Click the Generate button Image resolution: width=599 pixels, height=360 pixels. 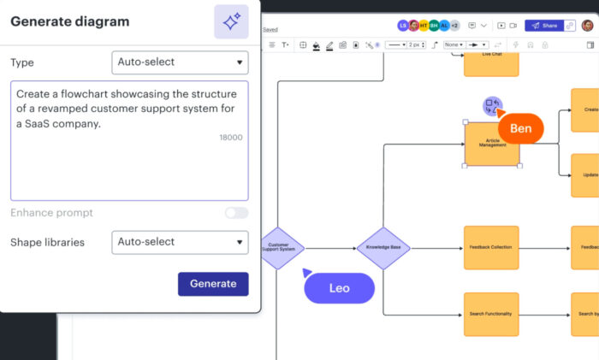213,284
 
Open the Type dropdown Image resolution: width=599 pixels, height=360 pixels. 180,62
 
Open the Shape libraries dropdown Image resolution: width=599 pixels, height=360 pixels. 180,242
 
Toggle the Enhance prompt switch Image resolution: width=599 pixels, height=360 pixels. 236,213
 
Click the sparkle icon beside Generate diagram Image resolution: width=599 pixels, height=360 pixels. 231,22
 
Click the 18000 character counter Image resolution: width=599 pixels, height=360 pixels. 230,138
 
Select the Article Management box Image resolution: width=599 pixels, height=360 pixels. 492,144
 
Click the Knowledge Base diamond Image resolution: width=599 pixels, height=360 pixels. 383,248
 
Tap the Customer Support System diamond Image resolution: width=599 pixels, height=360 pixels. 281,248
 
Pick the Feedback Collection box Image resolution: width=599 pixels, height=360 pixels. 491,247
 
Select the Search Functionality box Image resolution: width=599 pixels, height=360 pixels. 491,314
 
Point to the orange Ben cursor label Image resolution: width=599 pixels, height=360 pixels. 520,129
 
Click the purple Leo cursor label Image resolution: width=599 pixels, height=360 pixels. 340,288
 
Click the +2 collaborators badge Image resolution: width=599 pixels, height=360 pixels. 454,26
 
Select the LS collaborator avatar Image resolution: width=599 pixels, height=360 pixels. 403,26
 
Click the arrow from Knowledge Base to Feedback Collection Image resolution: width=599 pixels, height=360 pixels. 436,248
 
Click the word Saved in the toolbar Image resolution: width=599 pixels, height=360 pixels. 270,29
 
